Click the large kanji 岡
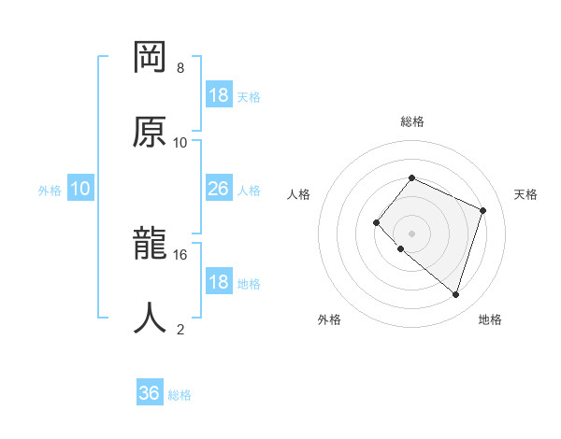click(x=151, y=58)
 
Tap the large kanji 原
click(x=151, y=132)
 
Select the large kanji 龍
click(x=151, y=244)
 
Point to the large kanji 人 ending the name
click(x=151, y=318)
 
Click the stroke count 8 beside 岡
click(x=180, y=68)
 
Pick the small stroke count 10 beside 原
click(x=180, y=143)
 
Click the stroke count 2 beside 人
click(x=180, y=329)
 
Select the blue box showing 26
click(x=219, y=189)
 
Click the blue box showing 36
click(x=150, y=394)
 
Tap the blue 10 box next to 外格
click(x=80, y=189)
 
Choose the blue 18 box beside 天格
click(x=219, y=95)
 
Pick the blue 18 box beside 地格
click(x=219, y=282)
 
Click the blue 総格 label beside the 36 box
click(x=180, y=395)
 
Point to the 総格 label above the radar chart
click(x=411, y=121)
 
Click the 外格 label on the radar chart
click(x=329, y=319)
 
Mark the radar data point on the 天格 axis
click(x=483, y=210)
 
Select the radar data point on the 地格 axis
click(x=455, y=294)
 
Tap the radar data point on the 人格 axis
click(x=376, y=222)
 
